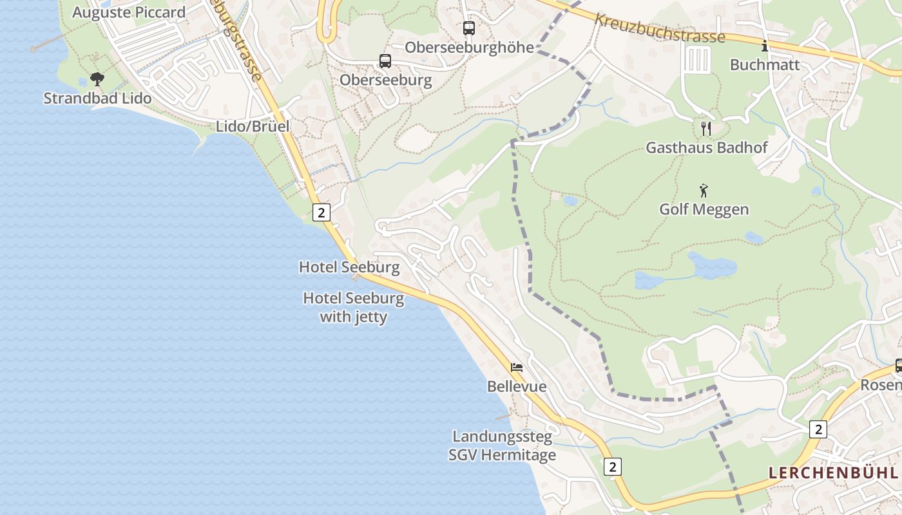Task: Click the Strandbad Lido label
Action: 97,98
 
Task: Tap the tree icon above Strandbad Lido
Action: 97,79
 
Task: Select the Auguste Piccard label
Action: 129,12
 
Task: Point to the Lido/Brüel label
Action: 253,126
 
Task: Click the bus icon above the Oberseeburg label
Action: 385,61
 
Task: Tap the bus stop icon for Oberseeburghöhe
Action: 469,28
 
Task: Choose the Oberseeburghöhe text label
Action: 469,48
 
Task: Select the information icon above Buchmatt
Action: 765,46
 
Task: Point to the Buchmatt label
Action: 765,65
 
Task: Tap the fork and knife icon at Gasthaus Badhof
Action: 706,128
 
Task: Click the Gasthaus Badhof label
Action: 707,147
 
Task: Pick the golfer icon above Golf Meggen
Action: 704,191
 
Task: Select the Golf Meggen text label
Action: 704,209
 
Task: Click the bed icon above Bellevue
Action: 517,368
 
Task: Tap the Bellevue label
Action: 517,387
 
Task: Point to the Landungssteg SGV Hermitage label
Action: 502,446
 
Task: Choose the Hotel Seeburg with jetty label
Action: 354,307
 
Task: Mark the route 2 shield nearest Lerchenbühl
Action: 818,429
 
